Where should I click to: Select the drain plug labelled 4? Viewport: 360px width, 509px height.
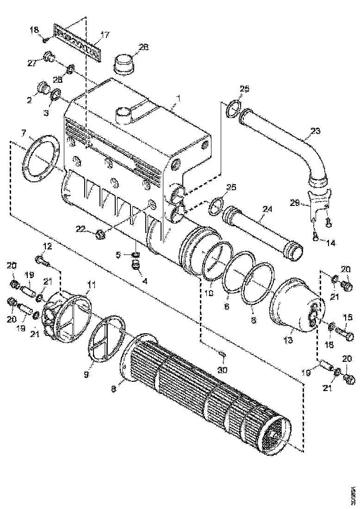136,265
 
